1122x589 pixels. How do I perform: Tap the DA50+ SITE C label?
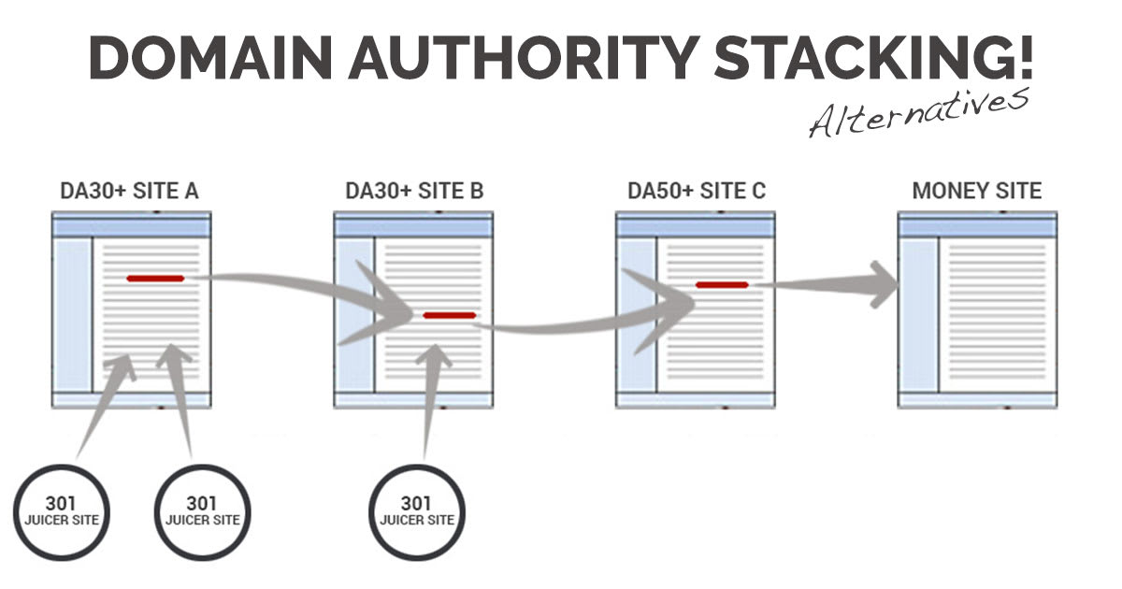697,192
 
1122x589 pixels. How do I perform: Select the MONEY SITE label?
976,192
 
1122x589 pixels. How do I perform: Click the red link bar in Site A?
155,278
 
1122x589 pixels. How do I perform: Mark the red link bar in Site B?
449,315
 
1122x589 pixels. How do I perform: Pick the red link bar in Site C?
722,284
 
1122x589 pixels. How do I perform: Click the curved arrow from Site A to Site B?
299,285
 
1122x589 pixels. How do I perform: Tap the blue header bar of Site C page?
695,227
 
